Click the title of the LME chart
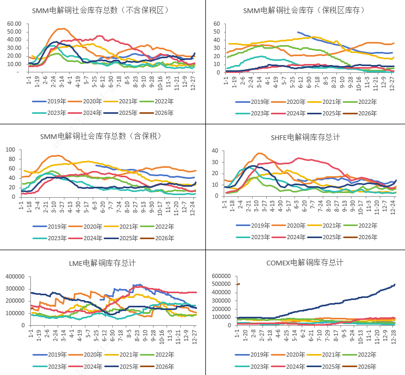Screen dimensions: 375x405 [x=102, y=263]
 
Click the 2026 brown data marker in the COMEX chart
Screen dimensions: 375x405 [x=238, y=284]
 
